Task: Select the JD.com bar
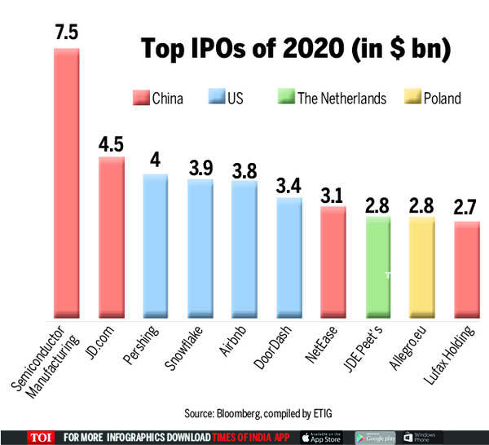point(111,236)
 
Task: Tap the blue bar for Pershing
point(155,245)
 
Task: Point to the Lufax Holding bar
point(465,268)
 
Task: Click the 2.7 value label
point(465,205)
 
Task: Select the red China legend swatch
point(142,99)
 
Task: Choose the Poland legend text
point(441,99)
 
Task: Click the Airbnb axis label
point(231,346)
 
